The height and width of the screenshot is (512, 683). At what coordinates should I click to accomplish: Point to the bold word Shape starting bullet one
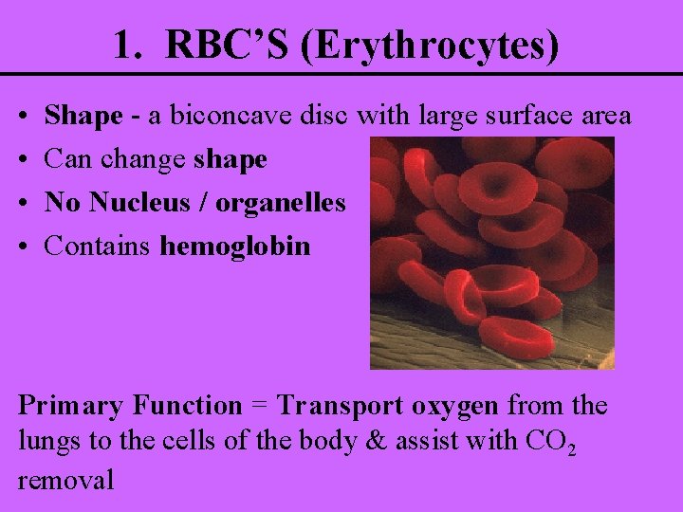83,118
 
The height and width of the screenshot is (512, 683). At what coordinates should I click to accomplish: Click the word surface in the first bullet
516,117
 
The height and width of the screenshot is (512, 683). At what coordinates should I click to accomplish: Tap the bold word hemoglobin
235,247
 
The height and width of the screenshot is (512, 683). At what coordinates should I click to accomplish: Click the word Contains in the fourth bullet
99,247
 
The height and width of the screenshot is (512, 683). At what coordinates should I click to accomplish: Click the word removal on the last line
65,479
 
